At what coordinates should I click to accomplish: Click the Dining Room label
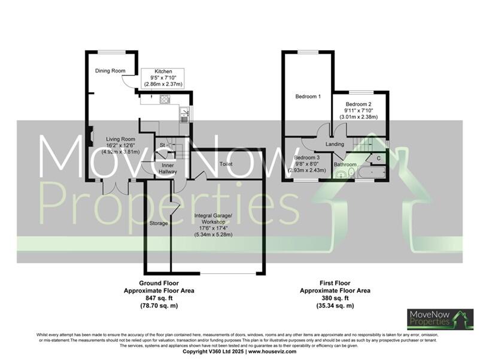(110, 71)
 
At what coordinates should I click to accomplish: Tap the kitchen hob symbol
(165, 100)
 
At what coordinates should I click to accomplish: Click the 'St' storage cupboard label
(162, 145)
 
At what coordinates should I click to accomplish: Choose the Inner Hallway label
(168, 168)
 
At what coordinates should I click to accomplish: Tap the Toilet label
(226, 163)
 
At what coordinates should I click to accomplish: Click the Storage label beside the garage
(158, 223)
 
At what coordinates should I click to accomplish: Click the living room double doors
(115, 187)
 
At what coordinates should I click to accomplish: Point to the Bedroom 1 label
(308, 96)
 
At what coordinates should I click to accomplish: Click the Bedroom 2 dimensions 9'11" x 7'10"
(359, 111)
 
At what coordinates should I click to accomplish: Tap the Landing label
(335, 144)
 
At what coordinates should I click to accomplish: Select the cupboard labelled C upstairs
(378, 158)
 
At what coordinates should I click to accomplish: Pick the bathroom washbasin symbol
(341, 174)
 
